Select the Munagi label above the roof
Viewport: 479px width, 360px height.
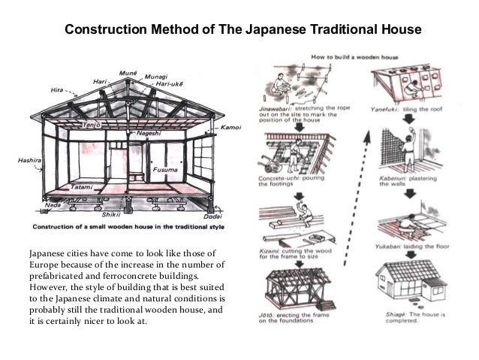[x=156, y=76]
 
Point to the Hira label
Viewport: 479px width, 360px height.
[x=57, y=89]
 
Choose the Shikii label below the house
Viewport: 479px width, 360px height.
[x=111, y=214]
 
